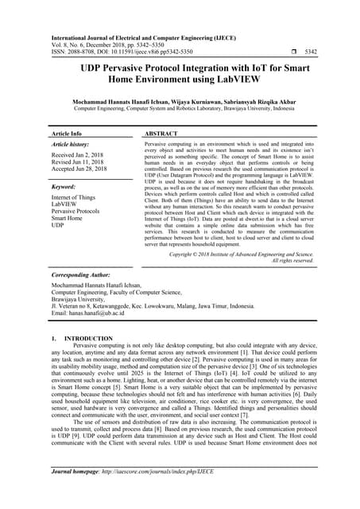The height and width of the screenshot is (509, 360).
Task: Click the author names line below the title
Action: tap(180, 102)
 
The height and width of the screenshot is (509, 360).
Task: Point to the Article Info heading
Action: tap(66, 134)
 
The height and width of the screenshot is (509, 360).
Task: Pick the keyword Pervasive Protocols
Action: tap(75, 212)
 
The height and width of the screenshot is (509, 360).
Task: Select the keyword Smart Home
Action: tap(68, 219)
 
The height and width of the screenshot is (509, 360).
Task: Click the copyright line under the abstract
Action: tap(242, 255)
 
